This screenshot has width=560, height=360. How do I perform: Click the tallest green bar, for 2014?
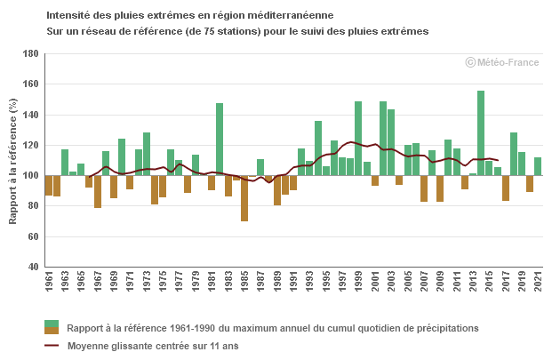click(481, 132)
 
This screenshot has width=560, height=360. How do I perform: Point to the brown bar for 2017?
click(506, 188)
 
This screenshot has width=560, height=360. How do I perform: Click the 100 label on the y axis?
click(29, 176)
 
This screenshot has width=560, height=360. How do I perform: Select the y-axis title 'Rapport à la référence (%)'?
click(12, 160)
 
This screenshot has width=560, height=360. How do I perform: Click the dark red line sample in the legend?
click(52, 346)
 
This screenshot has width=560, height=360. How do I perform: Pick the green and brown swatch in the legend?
click(52, 327)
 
